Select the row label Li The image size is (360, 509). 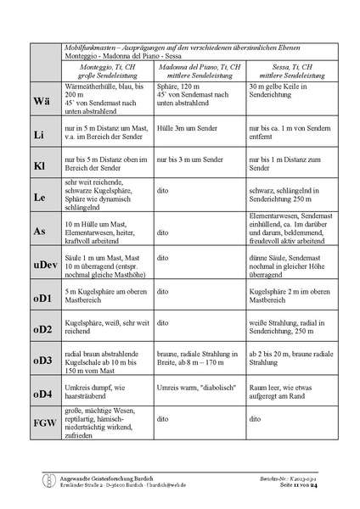pos(39,136)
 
